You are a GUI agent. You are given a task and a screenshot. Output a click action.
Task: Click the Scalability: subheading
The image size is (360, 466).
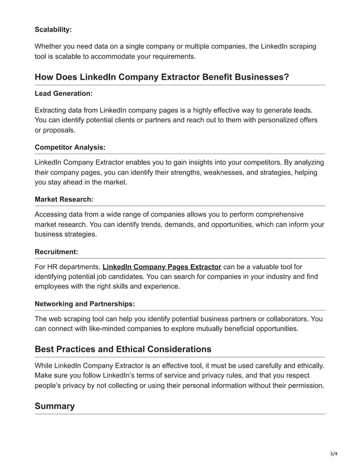click(53, 29)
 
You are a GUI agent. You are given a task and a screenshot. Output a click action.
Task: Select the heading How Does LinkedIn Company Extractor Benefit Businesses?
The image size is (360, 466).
click(162, 77)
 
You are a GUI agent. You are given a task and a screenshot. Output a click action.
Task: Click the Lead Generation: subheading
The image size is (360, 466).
click(63, 94)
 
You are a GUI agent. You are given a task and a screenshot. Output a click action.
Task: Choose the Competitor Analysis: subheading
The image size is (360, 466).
click(70, 147)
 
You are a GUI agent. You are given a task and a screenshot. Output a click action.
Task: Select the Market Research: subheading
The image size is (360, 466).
click(64, 199)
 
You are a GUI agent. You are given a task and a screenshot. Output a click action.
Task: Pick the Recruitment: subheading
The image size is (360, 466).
click(57, 251)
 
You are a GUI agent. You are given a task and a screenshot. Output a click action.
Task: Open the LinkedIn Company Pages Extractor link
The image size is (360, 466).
click(161, 266)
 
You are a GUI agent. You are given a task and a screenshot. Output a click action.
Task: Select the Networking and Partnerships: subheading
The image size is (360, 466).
click(85, 303)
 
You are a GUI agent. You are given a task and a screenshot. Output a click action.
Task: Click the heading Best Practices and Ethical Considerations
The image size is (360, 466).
click(123, 349)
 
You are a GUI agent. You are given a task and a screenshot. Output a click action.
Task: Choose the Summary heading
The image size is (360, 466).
click(55, 406)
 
